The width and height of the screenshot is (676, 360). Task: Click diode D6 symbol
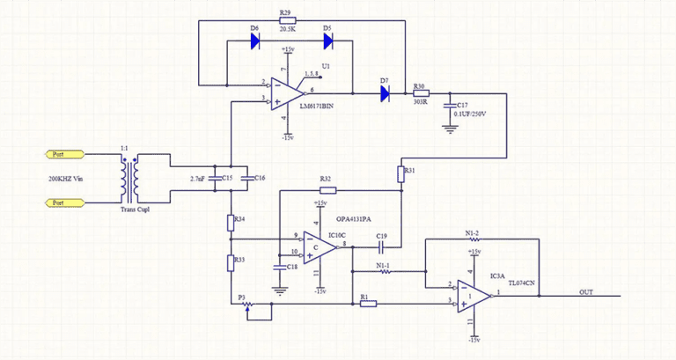coord(255,41)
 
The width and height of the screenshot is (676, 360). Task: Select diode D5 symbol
coord(327,41)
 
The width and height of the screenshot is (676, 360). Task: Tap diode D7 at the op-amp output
coord(385,92)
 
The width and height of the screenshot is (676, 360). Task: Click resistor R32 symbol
coord(326,189)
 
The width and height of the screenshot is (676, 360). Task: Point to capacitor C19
coord(382,246)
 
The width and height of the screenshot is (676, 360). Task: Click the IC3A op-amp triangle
coord(473,294)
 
